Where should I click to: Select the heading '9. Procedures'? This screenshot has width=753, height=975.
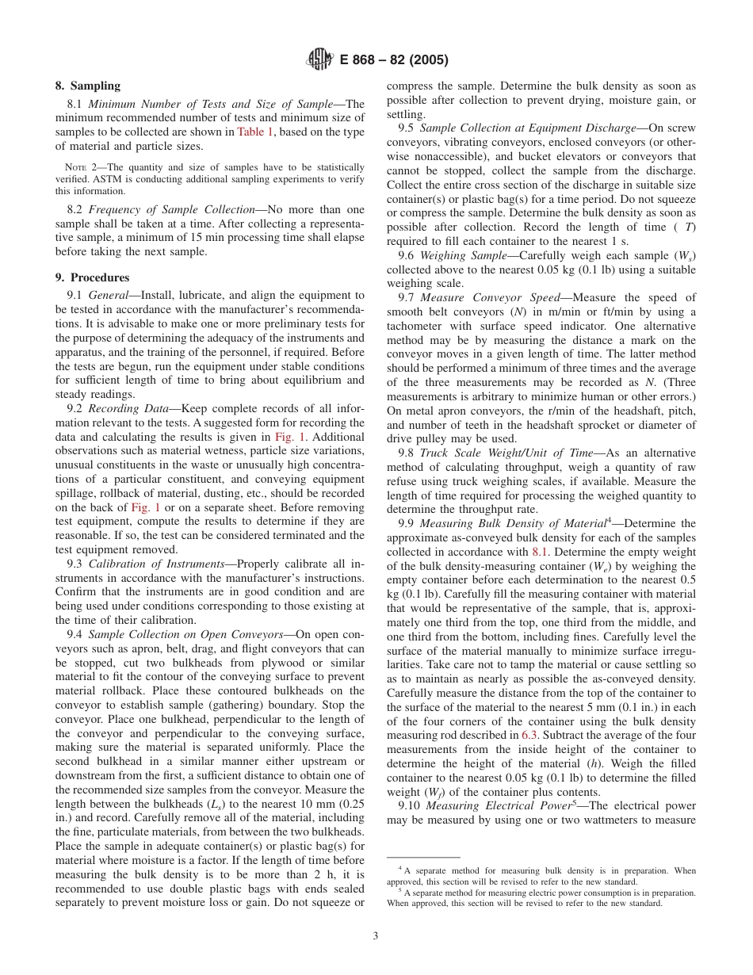[x=92, y=277]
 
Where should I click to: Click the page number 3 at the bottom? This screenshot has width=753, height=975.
[x=376, y=935]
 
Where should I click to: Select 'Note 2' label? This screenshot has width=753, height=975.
[x=82, y=167]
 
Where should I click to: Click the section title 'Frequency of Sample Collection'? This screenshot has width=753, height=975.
[x=171, y=209]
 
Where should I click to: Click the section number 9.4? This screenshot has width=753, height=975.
[x=76, y=634]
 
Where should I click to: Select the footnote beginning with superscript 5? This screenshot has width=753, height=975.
[x=541, y=897]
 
